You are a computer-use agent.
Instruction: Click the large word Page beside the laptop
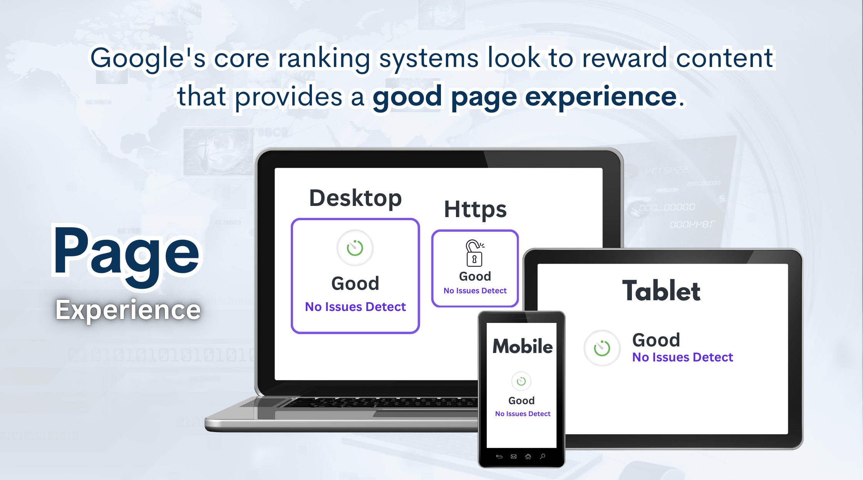126,255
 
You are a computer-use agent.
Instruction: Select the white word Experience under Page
128,310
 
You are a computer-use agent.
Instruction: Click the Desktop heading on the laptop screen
355,199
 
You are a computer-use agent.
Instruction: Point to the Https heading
475,209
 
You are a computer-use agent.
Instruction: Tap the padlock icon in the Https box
474,253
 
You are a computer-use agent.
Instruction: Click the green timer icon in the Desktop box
355,248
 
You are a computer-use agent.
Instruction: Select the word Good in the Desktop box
355,284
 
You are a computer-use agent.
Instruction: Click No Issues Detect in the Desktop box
355,307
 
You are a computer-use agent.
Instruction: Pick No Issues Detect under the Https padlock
475,291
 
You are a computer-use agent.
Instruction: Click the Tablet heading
661,291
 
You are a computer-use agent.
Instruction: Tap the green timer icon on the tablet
602,348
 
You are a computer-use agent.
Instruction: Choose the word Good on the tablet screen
656,340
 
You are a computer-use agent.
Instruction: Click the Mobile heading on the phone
523,346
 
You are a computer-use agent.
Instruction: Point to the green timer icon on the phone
521,381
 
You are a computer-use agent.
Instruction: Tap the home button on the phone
528,457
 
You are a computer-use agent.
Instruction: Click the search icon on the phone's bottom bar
543,457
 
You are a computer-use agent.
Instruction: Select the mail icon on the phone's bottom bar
513,457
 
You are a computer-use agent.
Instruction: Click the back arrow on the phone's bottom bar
499,457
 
